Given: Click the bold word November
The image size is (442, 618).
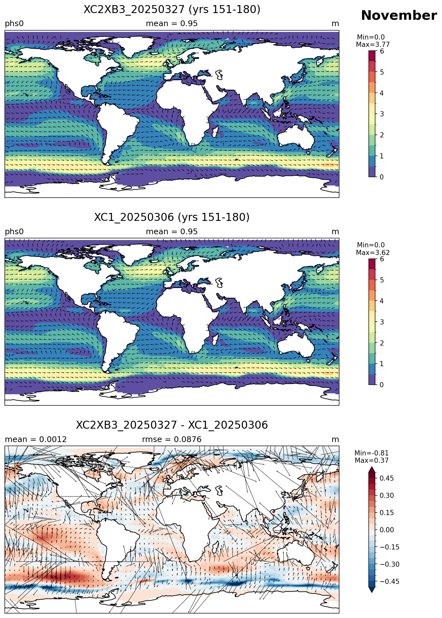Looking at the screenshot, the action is point(399,15).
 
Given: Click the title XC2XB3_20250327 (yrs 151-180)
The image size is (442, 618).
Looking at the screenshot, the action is point(172,10).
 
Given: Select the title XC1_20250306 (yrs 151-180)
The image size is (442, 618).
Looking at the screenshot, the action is point(172,217).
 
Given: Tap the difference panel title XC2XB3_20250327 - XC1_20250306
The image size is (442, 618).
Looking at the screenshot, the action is point(172,425).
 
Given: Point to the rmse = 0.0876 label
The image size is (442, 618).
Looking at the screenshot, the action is point(172,440).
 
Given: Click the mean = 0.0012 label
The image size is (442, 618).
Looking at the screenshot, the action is point(36,440).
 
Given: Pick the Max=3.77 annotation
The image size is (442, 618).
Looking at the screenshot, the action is point(373,45).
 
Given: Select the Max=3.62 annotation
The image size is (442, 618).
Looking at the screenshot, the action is point(373,253).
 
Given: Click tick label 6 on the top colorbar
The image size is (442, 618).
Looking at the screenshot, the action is point(382,51).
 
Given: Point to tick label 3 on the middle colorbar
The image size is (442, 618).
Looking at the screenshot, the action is point(382,322).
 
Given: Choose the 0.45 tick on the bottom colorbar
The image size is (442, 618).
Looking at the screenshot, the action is point(387,478).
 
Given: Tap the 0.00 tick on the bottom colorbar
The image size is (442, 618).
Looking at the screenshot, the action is point(387,530).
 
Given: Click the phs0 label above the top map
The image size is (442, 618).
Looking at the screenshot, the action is point(14,24).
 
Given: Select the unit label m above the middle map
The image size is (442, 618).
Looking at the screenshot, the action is point(335,232).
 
